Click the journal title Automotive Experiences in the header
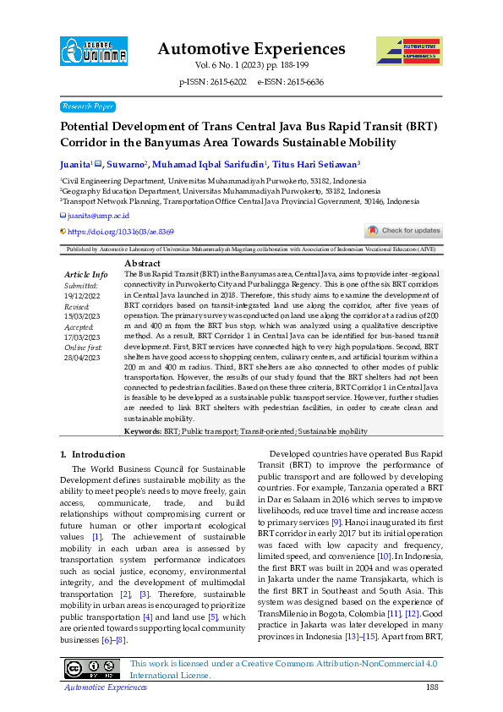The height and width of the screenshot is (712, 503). coord(251,48)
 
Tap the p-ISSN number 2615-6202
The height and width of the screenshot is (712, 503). coord(226,82)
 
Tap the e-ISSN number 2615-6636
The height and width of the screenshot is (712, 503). coord(303,82)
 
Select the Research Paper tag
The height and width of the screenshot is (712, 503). coord(88,107)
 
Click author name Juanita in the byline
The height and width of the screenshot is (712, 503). coord(74,164)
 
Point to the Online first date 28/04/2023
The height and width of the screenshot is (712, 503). coord(82,359)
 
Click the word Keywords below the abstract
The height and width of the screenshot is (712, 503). coord(143,431)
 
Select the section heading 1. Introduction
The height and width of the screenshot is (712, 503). coord(92,454)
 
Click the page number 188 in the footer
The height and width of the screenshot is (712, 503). coord(432,688)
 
